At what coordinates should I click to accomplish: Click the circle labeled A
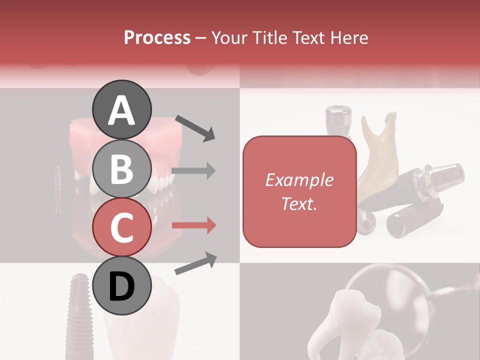click(122, 109)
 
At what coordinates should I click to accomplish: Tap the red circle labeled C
click(122, 227)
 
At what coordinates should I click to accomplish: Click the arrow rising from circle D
click(195, 263)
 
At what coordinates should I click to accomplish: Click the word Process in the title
click(157, 37)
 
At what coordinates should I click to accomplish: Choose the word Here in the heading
click(349, 37)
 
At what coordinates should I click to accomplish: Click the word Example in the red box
click(299, 180)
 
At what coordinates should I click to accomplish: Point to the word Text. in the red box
click(299, 203)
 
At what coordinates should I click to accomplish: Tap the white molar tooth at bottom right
click(345, 320)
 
